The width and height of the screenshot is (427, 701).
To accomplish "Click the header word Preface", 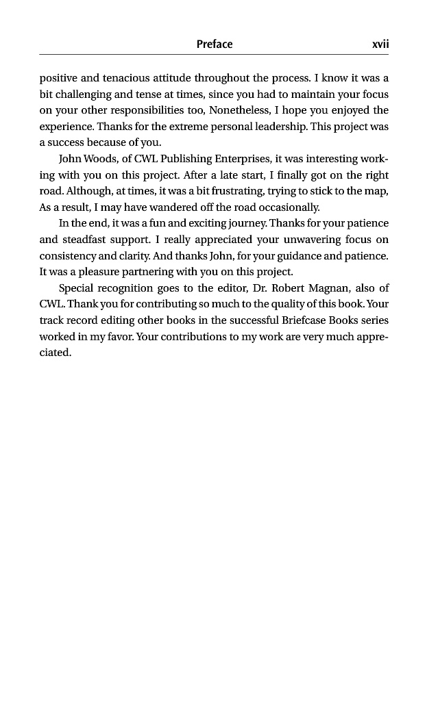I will point(215,44).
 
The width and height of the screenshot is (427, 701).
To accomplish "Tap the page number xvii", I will point(380,44).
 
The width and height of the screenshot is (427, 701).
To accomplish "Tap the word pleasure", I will point(97,272).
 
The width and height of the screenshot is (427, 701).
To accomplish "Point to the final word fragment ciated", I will point(55,353).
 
